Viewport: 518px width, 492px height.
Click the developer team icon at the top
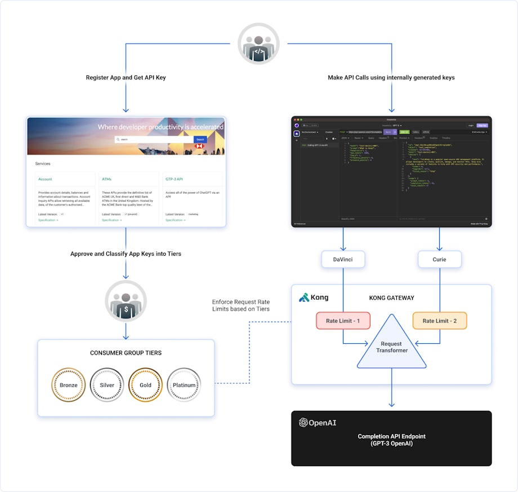[x=258, y=43]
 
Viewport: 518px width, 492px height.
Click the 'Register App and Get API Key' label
[x=126, y=77]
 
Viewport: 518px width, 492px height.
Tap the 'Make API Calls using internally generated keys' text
[x=391, y=77]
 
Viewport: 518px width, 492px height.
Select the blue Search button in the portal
[x=200, y=139]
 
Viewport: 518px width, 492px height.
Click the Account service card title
[x=45, y=179]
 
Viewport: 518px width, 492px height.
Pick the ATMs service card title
[x=106, y=179]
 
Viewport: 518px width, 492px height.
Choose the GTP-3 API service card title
[x=174, y=179]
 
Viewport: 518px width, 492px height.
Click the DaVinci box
[x=343, y=259]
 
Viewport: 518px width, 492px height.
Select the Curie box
[x=440, y=259]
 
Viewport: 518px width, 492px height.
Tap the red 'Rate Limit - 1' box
[x=343, y=321]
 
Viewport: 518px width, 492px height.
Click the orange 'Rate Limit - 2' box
[x=440, y=321]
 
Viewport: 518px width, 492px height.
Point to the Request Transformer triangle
[x=391, y=347]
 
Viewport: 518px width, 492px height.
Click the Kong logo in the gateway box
[x=314, y=297]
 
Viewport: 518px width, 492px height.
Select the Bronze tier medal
[x=68, y=385]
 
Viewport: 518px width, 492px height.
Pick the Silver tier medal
[x=106, y=385]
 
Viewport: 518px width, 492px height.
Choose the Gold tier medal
[x=145, y=385]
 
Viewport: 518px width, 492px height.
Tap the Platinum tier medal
[x=184, y=385]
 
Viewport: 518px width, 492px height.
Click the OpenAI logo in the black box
[x=318, y=422]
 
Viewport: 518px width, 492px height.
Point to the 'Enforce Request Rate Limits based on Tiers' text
[x=241, y=305]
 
